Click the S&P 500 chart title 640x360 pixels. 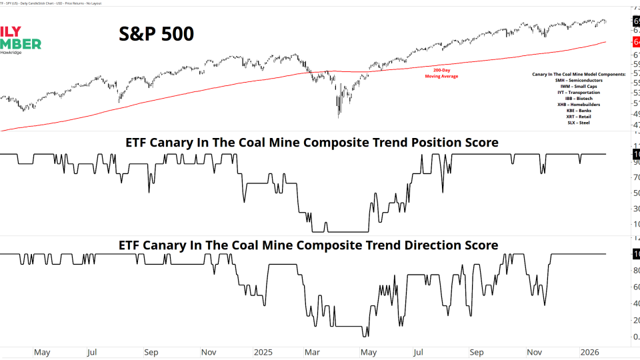click(156, 33)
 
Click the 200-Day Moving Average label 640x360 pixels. click(441, 73)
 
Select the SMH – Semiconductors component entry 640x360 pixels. click(578, 80)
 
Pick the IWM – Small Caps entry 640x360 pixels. click(578, 86)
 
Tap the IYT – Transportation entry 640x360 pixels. click(578, 92)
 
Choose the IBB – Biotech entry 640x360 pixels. click(578, 98)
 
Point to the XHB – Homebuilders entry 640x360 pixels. click(578, 104)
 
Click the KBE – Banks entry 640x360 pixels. click(578, 110)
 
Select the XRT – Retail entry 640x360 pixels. click(578, 116)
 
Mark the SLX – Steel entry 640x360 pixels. click(578, 122)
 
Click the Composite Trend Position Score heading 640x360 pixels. click(312, 143)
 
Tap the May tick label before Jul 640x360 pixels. click(41, 351)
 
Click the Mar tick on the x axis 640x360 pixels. click(312, 351)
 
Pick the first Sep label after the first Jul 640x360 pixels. click(151, 351)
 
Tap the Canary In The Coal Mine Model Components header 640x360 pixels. click(578, 74)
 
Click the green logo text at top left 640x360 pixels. click(20, 44)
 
